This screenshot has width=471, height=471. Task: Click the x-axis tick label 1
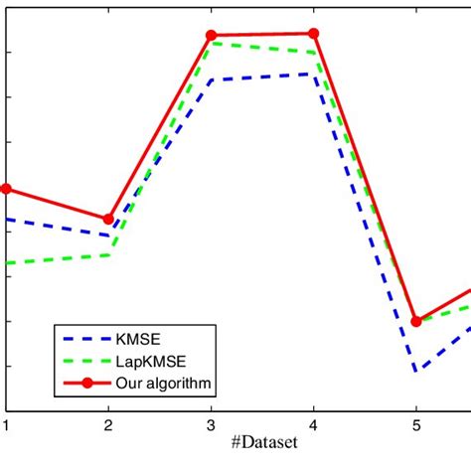click(6, 424)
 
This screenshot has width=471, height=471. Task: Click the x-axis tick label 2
click(108, 424)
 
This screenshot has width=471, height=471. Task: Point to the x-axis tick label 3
click(211, 424)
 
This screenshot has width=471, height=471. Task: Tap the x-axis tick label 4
click(314, 424)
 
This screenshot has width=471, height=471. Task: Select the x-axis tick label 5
click(416, 424)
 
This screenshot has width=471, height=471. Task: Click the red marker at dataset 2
click(108, 219)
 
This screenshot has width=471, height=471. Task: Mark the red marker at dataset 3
click(211, 36)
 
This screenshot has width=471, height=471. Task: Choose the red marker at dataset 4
click(314, 34)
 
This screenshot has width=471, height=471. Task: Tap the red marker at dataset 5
click(416, 321)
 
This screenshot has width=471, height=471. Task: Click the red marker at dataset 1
click(6, 189)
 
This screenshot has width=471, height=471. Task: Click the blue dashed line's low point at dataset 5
click(416, 371)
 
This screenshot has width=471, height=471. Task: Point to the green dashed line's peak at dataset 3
click(211, 45)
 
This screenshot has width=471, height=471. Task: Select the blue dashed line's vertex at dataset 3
click(211, 79)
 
